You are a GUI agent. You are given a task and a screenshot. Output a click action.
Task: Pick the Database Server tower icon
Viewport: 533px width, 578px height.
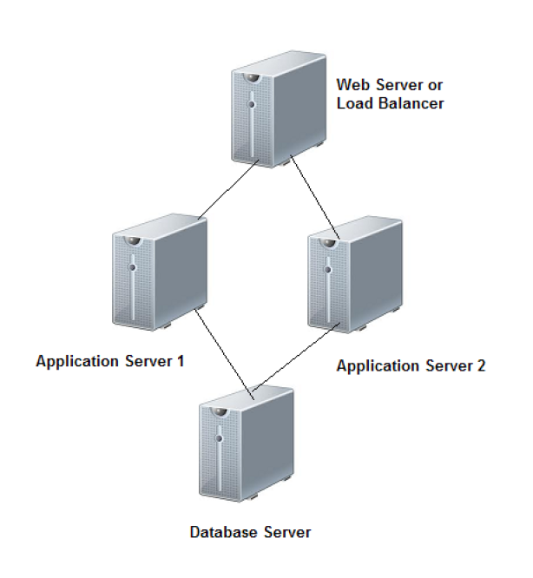(x=246, y=444)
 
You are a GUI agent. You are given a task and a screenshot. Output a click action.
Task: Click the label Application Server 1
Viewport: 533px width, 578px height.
(x=109, y=360)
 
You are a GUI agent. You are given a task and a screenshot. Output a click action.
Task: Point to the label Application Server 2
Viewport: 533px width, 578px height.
(x=411, y=365)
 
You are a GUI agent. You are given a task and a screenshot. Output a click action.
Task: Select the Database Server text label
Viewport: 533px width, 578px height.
(x=250, y=531)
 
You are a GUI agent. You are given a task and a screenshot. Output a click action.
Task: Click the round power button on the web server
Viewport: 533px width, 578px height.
(x=252, y=103)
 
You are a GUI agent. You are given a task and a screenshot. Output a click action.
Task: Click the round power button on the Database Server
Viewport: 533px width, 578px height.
(x=220, y=438)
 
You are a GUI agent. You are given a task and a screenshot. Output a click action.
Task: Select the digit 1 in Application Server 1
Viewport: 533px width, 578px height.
(x=180, y=360)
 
